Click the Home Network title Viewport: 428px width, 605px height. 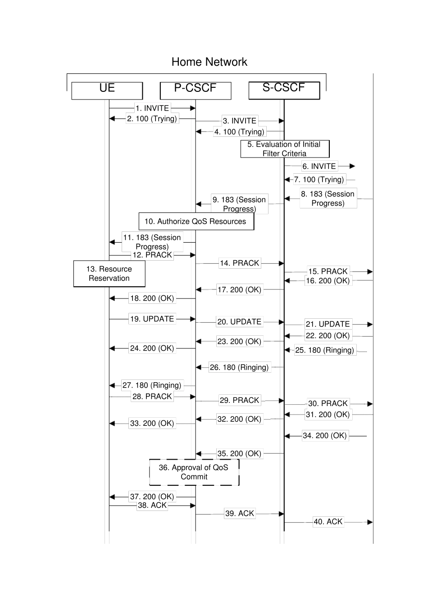click(x=209, y=62)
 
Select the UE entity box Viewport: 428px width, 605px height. click(x=107, y=90)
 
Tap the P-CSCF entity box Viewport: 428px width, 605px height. click(x=196, y=90)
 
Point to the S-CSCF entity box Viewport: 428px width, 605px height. click(x=284, y=90)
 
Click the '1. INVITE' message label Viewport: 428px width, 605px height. click(x=152, y=108)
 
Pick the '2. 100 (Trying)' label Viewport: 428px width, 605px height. click(x=152, y=118)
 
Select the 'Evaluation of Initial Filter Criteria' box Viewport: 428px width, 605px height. click(x=284, y=149)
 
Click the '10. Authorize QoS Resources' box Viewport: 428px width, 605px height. click(x=196, y=221)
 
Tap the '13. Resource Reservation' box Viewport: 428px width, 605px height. click(x=109, y=274)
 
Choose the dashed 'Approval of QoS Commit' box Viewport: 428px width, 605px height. click(x=194, y=472)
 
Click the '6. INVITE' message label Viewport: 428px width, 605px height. click(x=319, y=166)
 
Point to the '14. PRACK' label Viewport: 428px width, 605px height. click(x=239, y=263)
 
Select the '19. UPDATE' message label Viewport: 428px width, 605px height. click(x=152, y=319)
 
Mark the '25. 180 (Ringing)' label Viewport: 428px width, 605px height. click(x=324, y=350)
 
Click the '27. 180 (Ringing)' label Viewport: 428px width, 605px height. click(x=152, y=385)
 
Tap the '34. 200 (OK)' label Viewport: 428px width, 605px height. click(x=324, y=436)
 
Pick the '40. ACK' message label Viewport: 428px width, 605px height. click(x=328, y=522)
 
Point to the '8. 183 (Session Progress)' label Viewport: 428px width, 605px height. click(x=328, y=199)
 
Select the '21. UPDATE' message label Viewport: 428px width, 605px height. click(x=328, y=324)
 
